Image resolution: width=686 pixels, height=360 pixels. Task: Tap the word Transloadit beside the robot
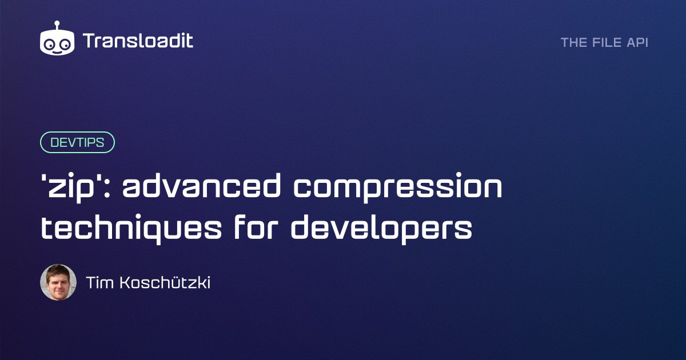coord(138,41)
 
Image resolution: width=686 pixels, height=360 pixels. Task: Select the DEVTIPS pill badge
coord(77,142)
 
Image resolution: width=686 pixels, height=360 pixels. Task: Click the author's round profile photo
coord(58,282)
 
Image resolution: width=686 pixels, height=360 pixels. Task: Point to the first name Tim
coord(98,282)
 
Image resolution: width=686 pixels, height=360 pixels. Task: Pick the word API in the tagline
coord(637,42)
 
